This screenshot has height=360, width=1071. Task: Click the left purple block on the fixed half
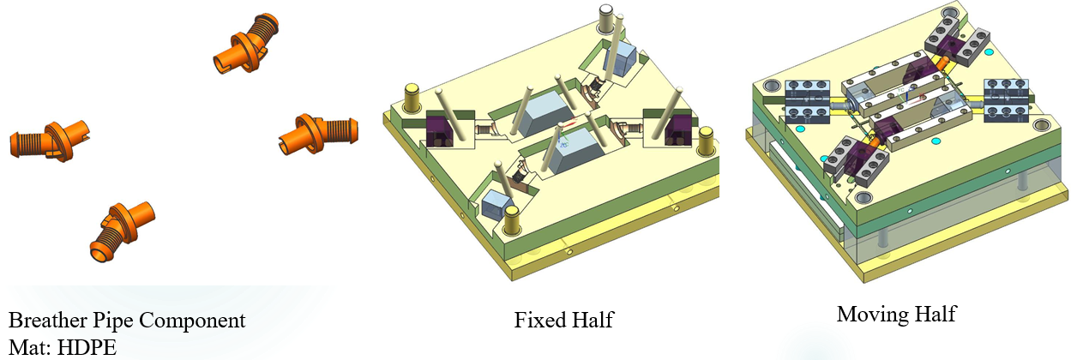440,130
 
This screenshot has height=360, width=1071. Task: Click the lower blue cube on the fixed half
496,207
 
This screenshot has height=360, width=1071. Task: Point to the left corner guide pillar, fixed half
411,99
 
